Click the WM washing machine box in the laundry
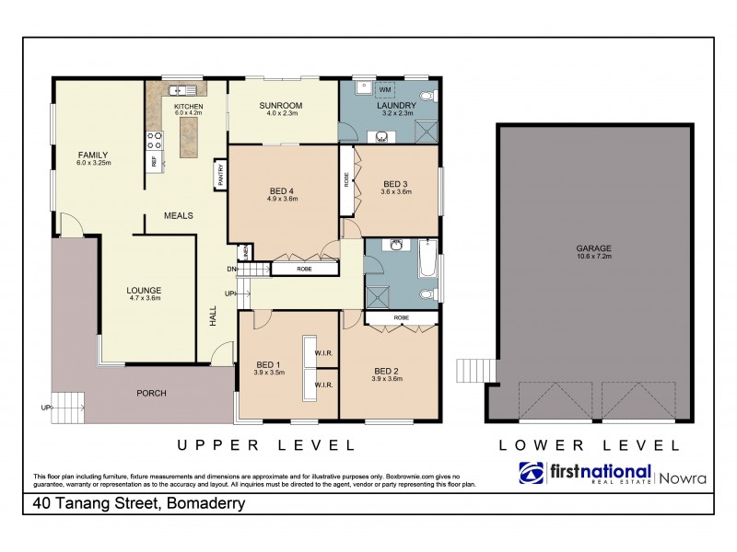coord(384,89)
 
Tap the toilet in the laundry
coord(427,96)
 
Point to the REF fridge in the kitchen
coord(153,162)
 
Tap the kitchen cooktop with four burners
coord(153,141)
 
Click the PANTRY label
coord(221,174)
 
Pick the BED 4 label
coord(284,190)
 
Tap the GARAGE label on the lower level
coord(595,247)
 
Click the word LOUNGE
coord(144,290)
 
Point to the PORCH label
coord(151,393)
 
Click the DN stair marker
coord(232,269)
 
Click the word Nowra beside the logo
coord(684,477)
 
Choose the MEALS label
coord(178,215)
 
